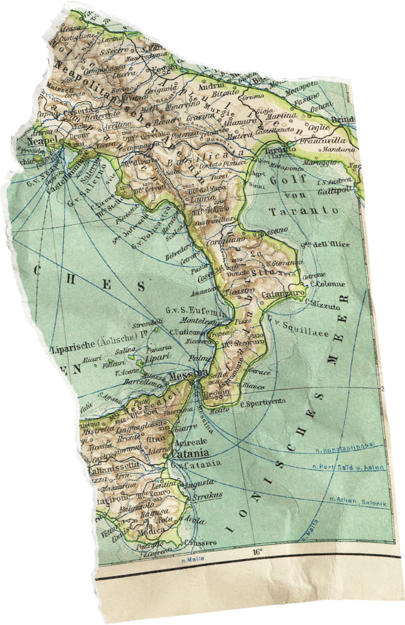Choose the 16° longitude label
(x=257, y=551)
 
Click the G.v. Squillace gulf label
(x=297, y=329)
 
